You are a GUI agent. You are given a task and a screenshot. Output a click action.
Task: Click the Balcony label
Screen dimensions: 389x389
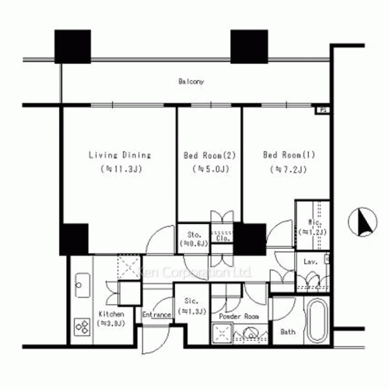click(x=191, y=81)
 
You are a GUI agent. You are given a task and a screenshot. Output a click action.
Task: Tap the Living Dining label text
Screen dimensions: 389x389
click(x=119, y=155)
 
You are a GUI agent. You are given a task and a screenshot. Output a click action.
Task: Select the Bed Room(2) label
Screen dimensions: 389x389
click(x=209, y=155)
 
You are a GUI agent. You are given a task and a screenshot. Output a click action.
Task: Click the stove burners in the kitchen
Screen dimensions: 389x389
click(x=82, y=326)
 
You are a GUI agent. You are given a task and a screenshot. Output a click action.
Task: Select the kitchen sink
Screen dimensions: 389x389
click(x=81, y=289)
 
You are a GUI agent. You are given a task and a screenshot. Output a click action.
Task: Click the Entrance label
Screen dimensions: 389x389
click(x=156, y=315)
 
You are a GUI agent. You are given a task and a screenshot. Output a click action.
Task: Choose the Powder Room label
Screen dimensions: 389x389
click(x=238, y=317)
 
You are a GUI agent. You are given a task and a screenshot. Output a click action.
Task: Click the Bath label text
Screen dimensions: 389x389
click(x=288, y=332)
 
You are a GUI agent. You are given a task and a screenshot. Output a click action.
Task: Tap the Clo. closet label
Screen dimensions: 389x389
click(x=222, y=239)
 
